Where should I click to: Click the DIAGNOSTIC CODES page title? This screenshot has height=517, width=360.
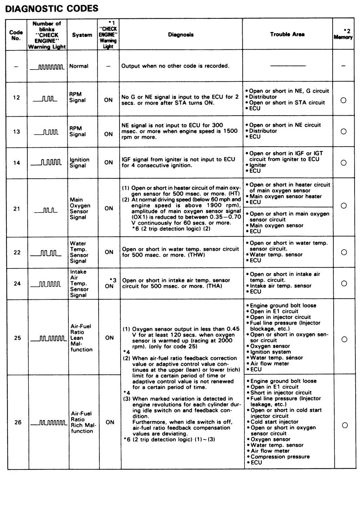tap(52, 8)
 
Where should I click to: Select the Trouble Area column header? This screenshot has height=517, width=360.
tap(287, 35)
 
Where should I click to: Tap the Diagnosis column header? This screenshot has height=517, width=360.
tap(181, 35)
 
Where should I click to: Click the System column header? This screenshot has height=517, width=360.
tap(82, 35)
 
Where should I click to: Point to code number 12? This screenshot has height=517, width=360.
tap(17, 98)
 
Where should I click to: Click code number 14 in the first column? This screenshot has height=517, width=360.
tap(17, 163)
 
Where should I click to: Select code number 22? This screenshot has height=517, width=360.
tap(17, 252)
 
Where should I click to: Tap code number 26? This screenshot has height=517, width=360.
tap(18, 422)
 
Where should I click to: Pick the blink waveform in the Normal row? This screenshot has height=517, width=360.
tap(47, 67)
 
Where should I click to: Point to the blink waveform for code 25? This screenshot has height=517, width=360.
tap(48, 339)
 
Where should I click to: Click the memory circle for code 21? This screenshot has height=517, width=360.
tap(343, 206)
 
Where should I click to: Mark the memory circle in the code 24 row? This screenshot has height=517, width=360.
tap(344, 284)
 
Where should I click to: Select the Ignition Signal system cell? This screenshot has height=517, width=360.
tap(80, 163)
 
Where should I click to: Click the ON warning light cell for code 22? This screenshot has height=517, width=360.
tap(109, 252)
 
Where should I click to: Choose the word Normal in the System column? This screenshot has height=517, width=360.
tap(79, 66)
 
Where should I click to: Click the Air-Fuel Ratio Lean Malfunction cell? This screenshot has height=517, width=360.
tap(81, 338)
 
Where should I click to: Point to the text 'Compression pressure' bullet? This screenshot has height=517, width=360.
tap(280, 457)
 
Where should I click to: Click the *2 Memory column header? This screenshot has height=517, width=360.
tap(343, 35)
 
